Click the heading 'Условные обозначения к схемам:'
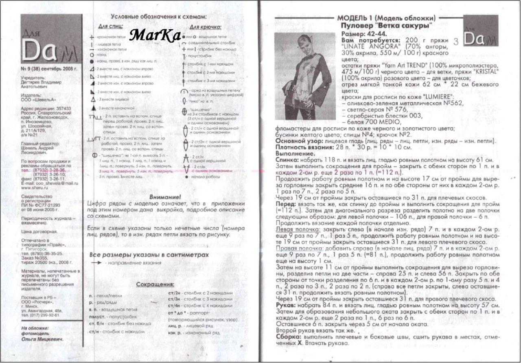159,17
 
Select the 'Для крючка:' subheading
206,27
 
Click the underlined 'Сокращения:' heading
155,284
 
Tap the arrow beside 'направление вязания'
96,263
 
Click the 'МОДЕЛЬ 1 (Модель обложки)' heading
386,18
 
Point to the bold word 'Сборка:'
289,337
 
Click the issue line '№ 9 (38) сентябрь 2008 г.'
49,69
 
